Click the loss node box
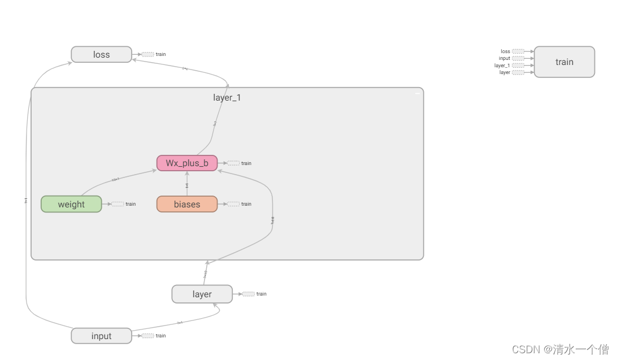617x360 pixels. [101, 55]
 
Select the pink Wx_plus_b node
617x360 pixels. [187, 163]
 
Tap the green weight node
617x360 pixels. [71, 204]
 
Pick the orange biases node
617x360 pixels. [187, 204]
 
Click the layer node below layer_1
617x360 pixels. [202, 294]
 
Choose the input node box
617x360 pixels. [101, 336]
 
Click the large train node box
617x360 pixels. [564, 62]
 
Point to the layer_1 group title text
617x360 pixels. [227, 97]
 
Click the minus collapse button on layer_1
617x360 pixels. [418, 93]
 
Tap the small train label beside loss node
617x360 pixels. [161, 54]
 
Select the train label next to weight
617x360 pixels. [131, 204]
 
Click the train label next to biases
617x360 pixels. [246, 204]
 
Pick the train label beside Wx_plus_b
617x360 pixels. [246, 163]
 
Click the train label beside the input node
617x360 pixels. [161, 336]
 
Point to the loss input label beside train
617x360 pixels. [505, 51]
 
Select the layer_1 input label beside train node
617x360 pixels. [502, 66]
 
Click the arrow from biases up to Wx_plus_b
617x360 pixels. [187, 184]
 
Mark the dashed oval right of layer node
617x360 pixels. [248, 294]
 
